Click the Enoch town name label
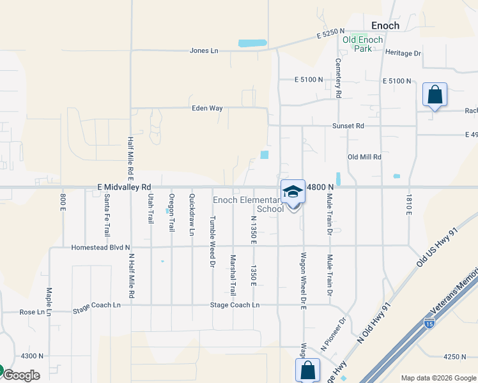[x=385, y=26]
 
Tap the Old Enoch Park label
[x=362, y=44]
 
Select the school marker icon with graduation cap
[x=293, y=191]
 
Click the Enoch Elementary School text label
[x=249, y=204]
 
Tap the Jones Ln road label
[x=204, y=50]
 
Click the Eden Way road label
[x=207, y=108]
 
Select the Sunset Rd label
[x=348, y=126]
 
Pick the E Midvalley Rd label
[x=124, y=187]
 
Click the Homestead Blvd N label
[x=100, y=247]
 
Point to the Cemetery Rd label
[x=339, y=79]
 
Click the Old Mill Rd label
[x=364, y=156]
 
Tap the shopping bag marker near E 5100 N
[x=435, y=95]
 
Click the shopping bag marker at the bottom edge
[x=307, y=370]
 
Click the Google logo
[x=21, y=375]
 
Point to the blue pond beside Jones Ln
[x=252, y=43]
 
